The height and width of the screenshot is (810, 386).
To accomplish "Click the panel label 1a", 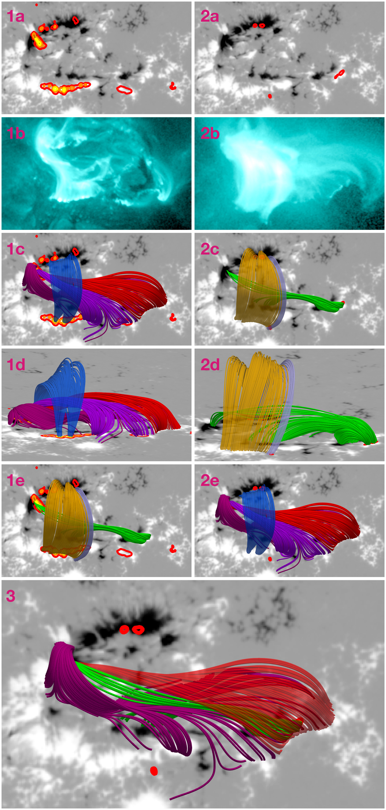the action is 15,16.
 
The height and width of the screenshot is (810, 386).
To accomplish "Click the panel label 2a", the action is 210,16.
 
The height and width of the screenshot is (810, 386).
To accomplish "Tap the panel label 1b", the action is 16,133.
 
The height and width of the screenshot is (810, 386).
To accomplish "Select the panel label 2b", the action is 210,133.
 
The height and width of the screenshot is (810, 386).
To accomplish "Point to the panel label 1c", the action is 15,249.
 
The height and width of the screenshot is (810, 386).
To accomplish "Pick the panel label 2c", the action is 210,249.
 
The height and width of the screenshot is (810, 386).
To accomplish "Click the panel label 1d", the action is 16,365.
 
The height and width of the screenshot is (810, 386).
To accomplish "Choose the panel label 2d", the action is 210,365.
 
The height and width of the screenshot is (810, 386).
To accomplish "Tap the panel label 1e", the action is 15,481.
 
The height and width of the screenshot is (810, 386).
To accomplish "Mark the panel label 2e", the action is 210,481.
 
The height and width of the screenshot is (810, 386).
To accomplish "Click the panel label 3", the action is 11,596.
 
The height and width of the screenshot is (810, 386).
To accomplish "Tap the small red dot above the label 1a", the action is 37,5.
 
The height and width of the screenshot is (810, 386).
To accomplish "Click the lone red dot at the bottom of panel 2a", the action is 270,96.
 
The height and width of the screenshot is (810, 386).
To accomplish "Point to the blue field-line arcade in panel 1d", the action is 61,386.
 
